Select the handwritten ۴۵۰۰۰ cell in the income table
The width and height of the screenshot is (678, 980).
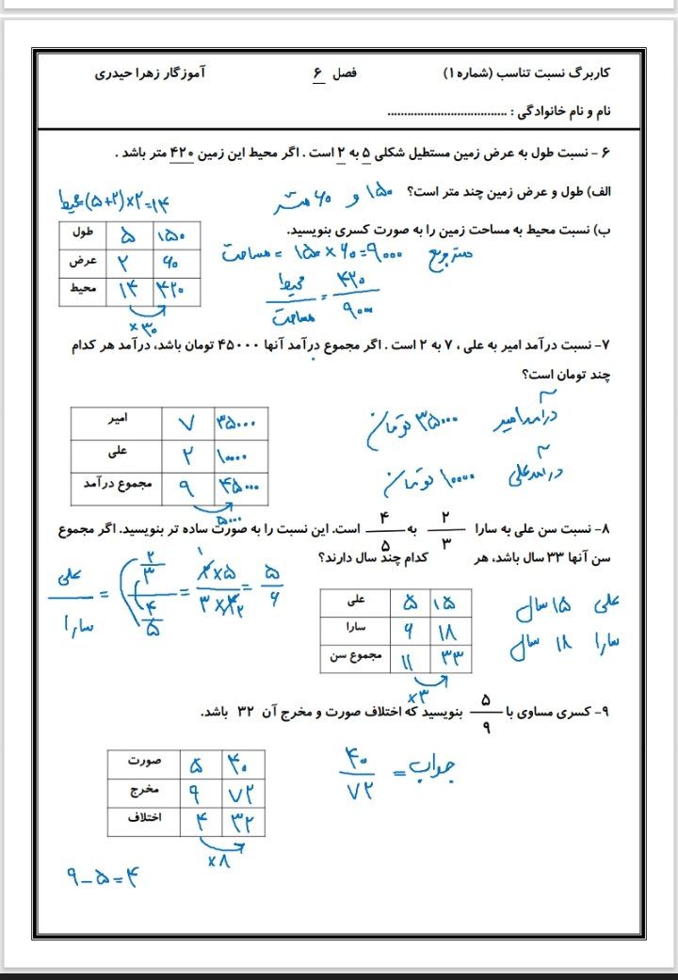pyautogui.click(x=241, y=488)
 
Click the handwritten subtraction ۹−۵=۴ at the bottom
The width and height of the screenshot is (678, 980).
pyautogui.click(x=104, y=881)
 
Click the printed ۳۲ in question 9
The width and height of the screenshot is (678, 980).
pyautogui.click(x=248, y=711)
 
